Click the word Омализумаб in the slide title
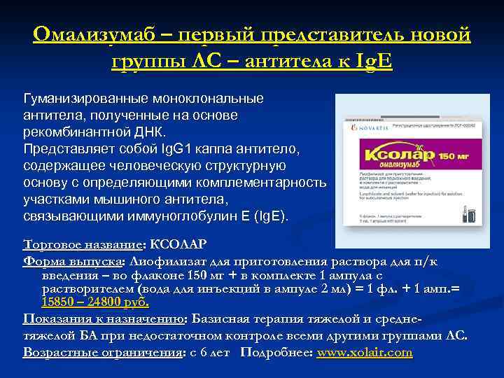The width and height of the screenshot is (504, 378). pyautogui.click(x=97, y=34)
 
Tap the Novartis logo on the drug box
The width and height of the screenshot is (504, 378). pyautogui.click(x=364, y=129)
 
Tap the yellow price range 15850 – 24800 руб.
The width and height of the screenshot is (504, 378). pyautogui.click(x=95, y=303)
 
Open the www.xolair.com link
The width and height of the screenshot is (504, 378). pyautogui.click(x=364, y=352)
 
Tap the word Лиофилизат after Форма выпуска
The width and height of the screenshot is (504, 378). pyautogui.click(x=164, y=261)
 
